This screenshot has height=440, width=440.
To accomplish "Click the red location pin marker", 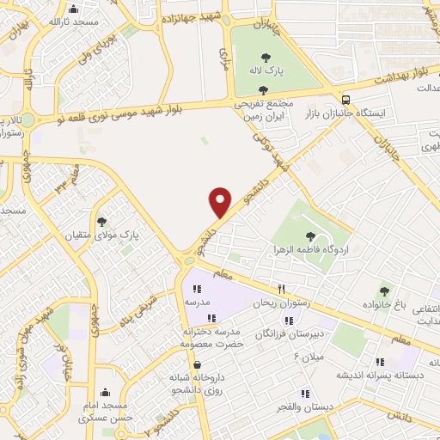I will (x=221, y=201).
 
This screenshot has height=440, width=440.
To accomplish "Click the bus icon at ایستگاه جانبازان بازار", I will (x=345, y=99).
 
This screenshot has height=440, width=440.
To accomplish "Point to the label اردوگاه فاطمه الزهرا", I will (x=310, y=252).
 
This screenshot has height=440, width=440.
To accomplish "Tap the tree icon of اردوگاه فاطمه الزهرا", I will (x=310, y=236).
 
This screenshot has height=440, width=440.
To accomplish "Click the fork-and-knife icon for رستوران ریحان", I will (x=280, y=290).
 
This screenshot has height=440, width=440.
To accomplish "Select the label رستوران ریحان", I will (x=278, y=304).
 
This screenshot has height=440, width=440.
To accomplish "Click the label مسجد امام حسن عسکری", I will (x=105, y=412).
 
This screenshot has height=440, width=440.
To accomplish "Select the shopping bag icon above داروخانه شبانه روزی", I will (x=198, y=364).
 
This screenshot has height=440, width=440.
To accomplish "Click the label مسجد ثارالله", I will (x=70, y=21).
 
